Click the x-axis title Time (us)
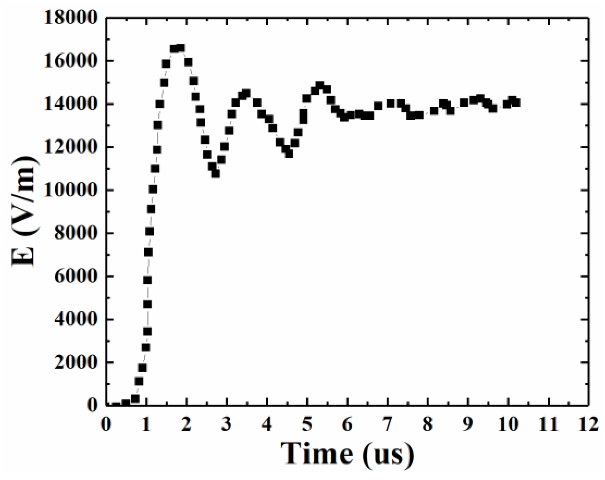[x=347, y=453]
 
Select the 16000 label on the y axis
[x=71, y=61]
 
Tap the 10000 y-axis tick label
[x=71, y=190]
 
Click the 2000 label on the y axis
[x=76, y=362]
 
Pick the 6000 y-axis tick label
[x=76, y=276]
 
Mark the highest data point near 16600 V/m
[x=181, y=48]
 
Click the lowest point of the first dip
[x=216, y=174]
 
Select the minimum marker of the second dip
[x=289, y=153]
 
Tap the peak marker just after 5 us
[x=319, y=85]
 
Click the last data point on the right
[x=516, y=102]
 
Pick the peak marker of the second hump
[x=246, y=93]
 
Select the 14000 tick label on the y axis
[x=71, y=104]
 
